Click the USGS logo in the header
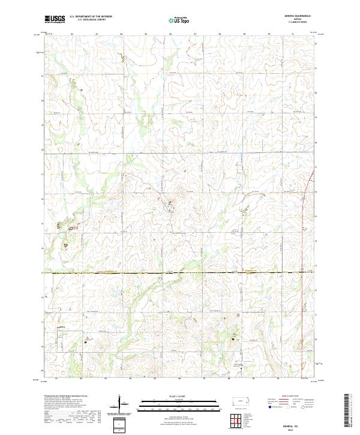[x=55, y=19]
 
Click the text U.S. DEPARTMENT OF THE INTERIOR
[x=91, y=16]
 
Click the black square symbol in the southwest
[x=86, y=343]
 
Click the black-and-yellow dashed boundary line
[x=180, y=273]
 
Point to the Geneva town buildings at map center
[x=169, y=208]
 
